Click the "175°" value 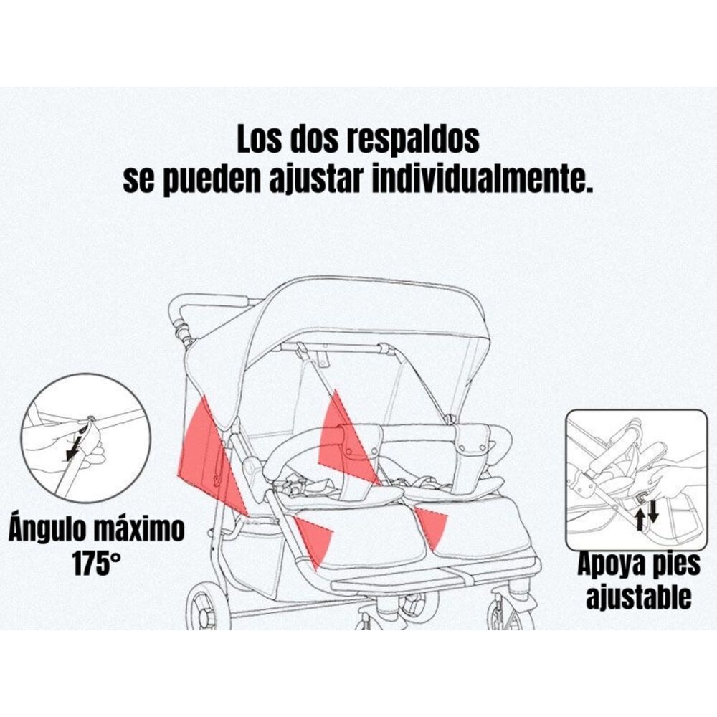pyautogui.click(x=96, y=564)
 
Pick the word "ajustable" pyautogui.click(x=638, y=597)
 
